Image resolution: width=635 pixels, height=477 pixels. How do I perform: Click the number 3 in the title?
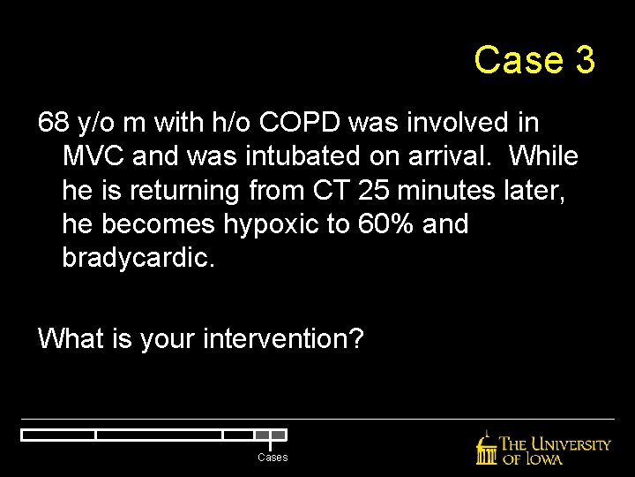583,60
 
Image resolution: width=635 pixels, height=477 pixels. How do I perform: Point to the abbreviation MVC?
93,156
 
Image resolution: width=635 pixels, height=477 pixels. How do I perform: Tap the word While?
543,156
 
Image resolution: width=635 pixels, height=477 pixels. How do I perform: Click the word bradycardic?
138,257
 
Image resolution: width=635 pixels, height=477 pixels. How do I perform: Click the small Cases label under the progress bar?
273,458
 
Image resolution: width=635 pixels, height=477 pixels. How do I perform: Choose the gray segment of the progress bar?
278,435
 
